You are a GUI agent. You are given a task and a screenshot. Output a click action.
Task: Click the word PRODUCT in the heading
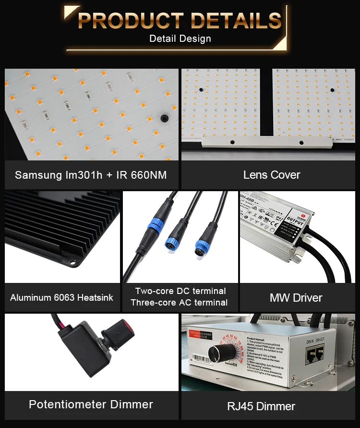tap(130, 21)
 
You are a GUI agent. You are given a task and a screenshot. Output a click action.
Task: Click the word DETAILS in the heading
tap(235, 21)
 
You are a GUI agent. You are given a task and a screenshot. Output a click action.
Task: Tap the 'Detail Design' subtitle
tap(180, 38)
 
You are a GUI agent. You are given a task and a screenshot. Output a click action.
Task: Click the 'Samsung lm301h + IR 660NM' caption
tap(91, 175)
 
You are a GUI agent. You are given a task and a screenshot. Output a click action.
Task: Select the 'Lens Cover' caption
tap(272, 175)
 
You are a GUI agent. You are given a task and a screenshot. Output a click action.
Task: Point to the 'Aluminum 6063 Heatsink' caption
tap(62, 298)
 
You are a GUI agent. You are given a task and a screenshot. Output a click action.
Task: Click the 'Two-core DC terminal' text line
tap(180, 291)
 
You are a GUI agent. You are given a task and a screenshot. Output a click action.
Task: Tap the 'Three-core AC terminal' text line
tap(179, 303)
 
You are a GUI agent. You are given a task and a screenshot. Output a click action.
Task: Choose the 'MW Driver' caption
tap(296, 298)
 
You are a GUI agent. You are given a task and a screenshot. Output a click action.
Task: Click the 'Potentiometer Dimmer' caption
tap(91, 404)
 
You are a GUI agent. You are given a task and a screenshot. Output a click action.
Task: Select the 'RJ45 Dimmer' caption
tap(261, 406)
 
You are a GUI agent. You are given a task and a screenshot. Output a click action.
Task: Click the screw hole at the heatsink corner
tap(72, 262)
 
